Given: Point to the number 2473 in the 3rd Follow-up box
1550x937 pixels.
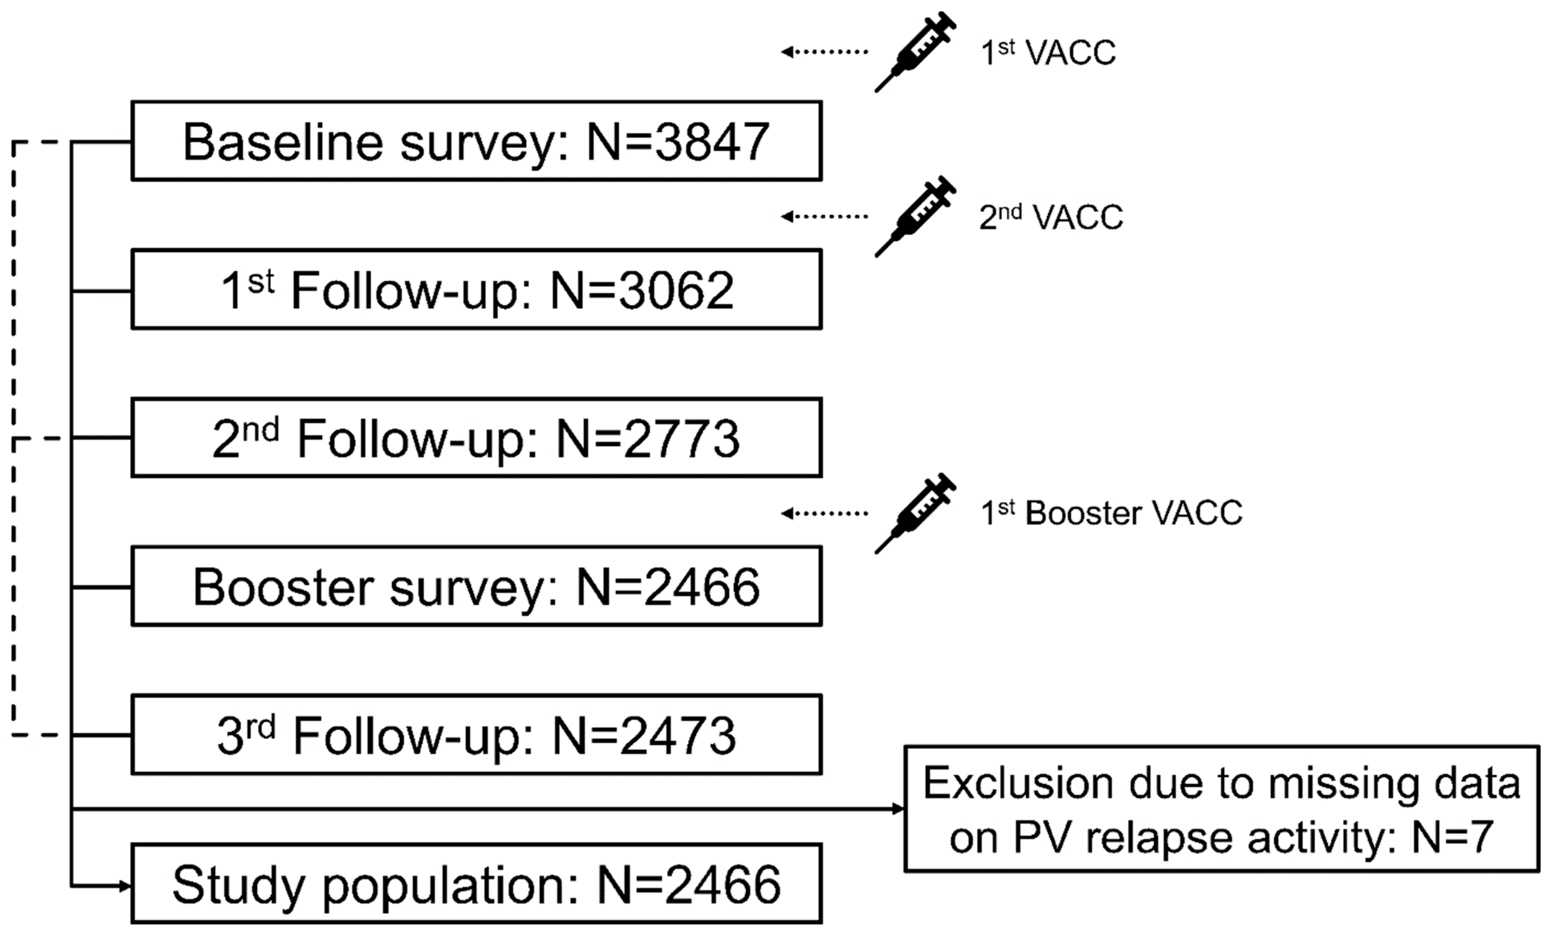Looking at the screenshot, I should (677, 736).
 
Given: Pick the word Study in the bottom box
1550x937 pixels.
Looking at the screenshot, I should (241, 885).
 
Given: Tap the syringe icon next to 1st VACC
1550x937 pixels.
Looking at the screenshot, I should (915, 52).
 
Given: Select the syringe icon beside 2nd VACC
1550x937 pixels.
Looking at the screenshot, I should (915, 216).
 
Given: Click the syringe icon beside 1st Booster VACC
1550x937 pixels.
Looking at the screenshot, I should (915, 513).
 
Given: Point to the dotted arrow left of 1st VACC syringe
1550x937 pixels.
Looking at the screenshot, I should (824, 52).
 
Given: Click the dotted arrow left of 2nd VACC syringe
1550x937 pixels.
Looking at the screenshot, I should (824, 216).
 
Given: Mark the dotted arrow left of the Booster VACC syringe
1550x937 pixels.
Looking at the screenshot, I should (824, 513).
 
